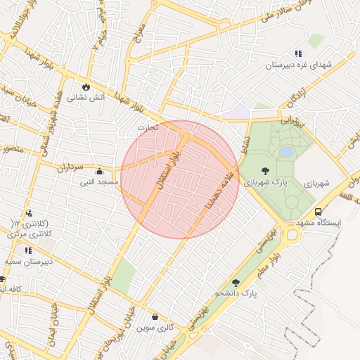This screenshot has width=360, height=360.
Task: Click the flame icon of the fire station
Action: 86,87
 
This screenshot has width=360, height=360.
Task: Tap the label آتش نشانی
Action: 86,98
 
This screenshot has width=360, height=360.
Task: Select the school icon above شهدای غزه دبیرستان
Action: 298,53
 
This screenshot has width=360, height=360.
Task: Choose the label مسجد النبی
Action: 99,182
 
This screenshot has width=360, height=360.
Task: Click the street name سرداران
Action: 70,168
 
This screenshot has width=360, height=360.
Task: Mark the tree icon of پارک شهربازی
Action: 265,171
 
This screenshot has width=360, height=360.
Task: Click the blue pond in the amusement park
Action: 286,151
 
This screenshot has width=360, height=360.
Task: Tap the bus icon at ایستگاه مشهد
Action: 319,211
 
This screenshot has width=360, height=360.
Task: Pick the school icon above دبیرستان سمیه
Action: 28,250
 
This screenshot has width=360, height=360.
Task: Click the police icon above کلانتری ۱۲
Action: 28,213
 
